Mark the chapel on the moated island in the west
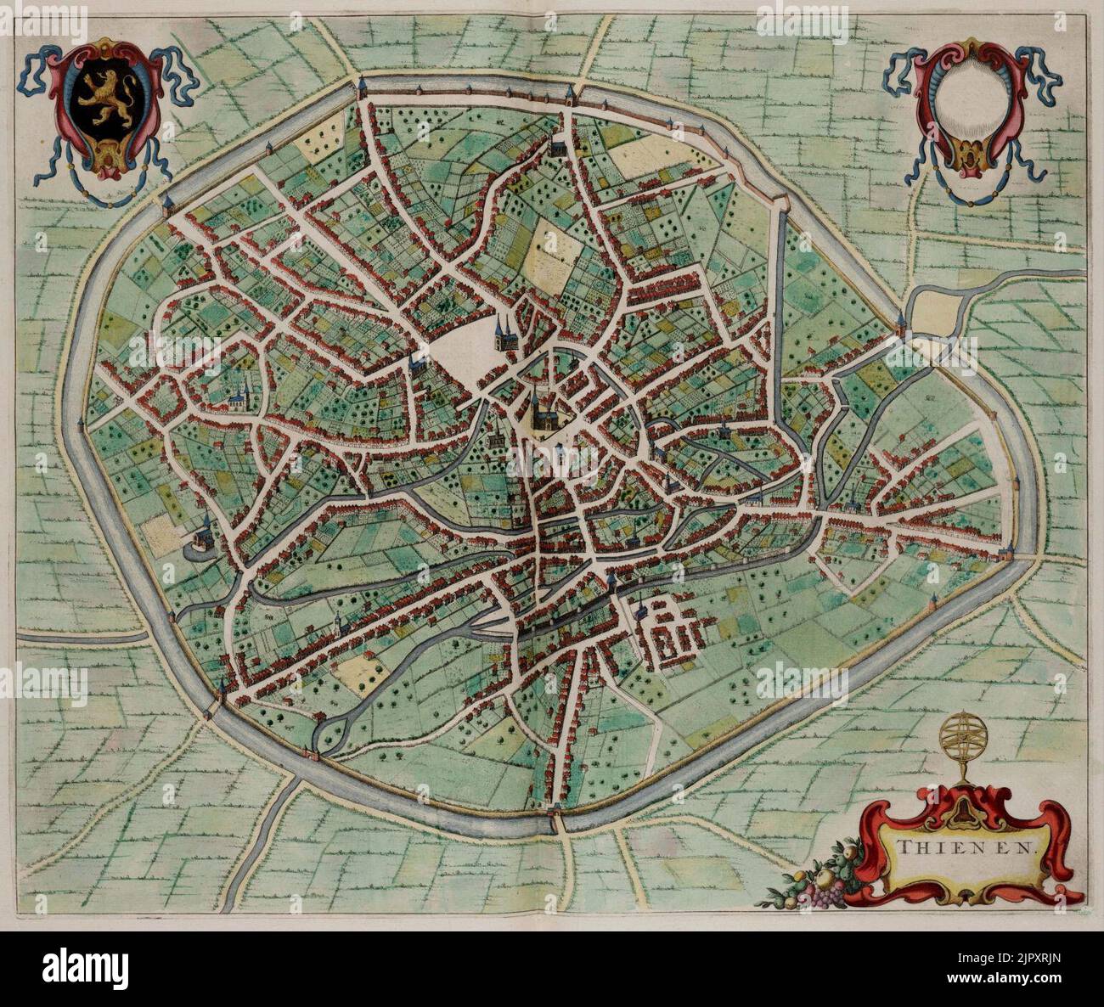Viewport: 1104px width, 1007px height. [x=203, y=536]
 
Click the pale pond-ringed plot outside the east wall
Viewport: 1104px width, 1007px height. [x=938, y=310]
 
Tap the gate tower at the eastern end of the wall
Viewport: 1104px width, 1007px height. [x=1006, y=554]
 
